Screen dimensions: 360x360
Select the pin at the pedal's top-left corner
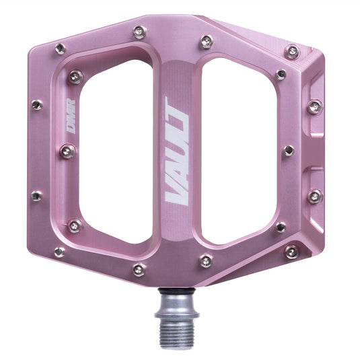pyautogui.click(x=61, y=48)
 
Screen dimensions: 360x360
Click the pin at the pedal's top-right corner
pyautogui.click(x=291, y=51)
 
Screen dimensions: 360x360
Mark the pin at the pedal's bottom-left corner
pyautogui.click(x=60, y=252)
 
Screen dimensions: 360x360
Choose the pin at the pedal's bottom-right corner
pyautogui.click(x=291, y=252)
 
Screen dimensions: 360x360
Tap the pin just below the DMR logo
pyautogui.click(x=67, y=151)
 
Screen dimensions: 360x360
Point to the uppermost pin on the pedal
pyautogui.click(x=139, y=32)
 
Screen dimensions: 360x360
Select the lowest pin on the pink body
pyautogui.click(x=139, y=269)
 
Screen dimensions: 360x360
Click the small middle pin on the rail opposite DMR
pyautogui.click(x=289, y=150)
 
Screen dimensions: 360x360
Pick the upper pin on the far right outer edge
pyautogui.click(x=314, y=106)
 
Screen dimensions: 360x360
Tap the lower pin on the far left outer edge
pyautogui.click(x=37, y=196)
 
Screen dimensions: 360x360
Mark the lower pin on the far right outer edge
pyautogui.click(x=314, y=196)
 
